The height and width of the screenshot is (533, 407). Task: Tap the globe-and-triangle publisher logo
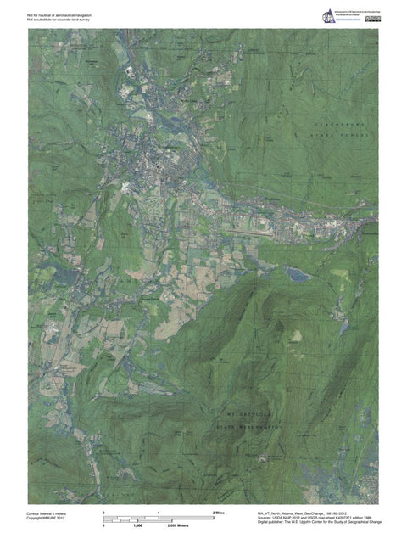coord(326,14)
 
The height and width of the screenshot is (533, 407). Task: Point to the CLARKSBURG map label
coord(340,123)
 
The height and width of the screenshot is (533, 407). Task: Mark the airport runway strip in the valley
coord(254,230)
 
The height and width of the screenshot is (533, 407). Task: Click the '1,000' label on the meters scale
coord(137,526)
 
